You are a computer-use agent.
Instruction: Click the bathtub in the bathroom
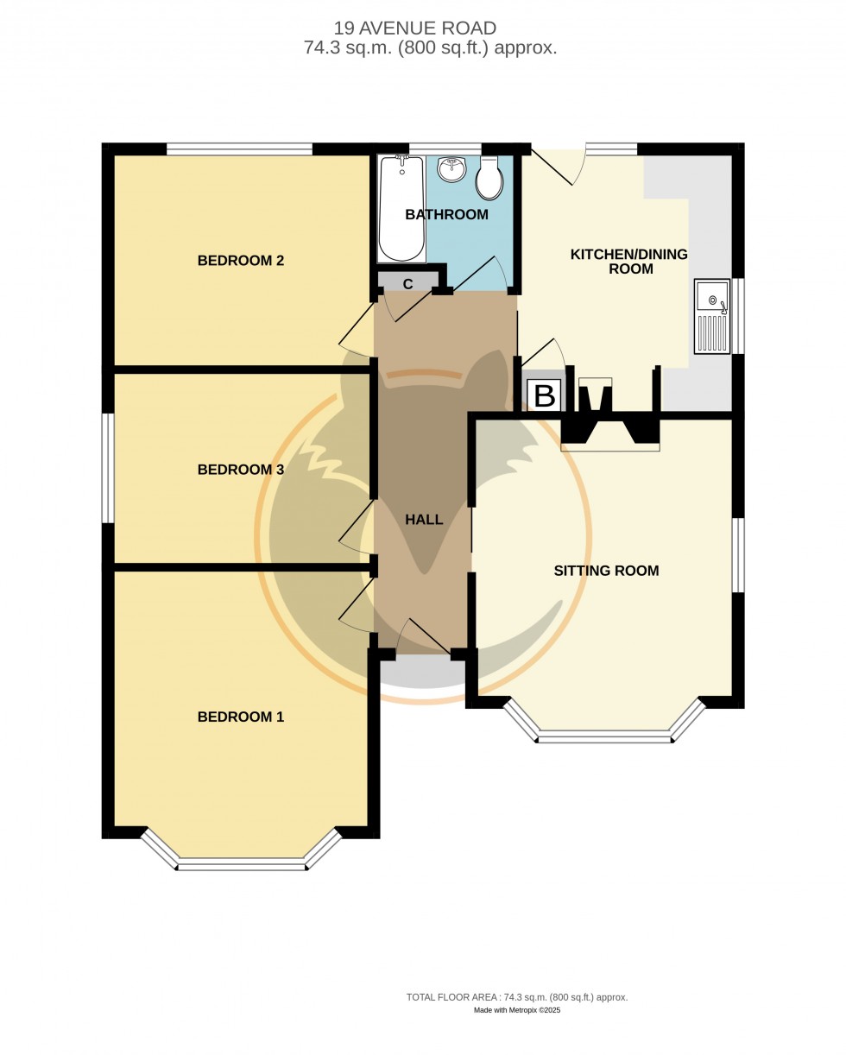click(401, 209)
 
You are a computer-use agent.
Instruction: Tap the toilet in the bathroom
click(489, 179)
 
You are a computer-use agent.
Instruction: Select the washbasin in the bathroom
click(451, 169)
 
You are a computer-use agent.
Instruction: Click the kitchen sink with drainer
click(712, 316)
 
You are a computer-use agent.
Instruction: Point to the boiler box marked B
click(544, 395)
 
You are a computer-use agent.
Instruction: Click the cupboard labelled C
click(408, 283)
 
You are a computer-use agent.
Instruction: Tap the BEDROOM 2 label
click(240, 261)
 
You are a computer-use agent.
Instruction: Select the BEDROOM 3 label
click(240, 470)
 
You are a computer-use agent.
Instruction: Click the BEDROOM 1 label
click(240, 717)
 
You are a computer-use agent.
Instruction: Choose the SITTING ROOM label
click(606, 571)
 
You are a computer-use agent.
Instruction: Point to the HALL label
click(424, 520)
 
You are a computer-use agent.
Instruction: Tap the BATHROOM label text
click(446, 214)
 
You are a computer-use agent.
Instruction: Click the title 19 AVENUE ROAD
click(415, 28)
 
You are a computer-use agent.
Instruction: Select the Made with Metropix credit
click(517, 1010)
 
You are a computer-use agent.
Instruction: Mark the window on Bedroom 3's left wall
click(108, 468)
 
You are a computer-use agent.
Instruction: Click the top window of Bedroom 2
click(239, 149)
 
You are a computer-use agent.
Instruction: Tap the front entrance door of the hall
click(424, 639)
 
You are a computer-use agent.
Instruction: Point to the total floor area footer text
click(517, 997)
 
